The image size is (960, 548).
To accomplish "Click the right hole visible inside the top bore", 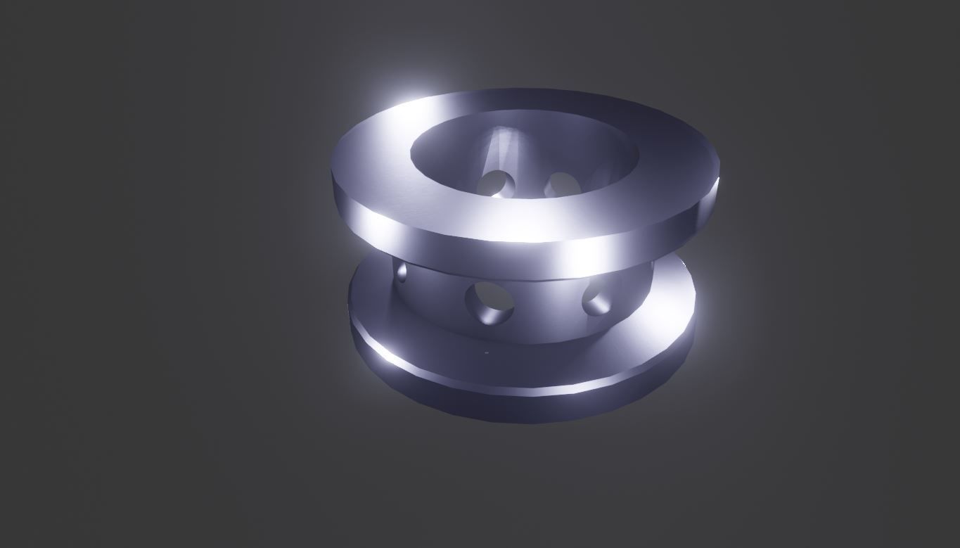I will tap(563, 184).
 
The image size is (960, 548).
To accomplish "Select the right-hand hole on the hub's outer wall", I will tap(596, 297).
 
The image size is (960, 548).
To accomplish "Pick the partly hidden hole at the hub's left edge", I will tap(402, 272).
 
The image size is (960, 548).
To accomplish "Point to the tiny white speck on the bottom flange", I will tap(486, 352).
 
